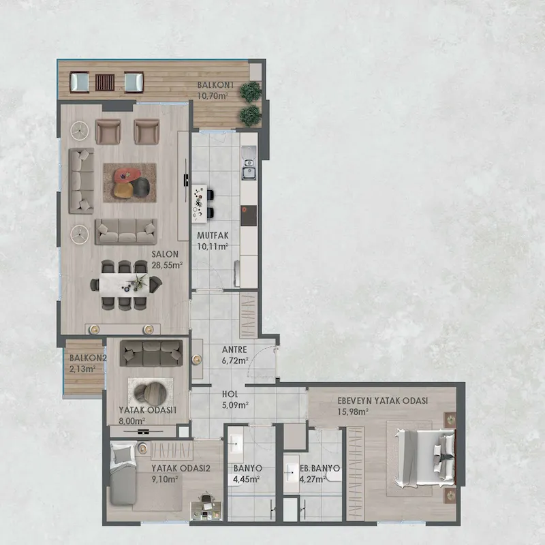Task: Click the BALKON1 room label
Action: tap(215, 84)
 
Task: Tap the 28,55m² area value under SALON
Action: tap(167, 265)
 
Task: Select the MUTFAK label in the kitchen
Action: tap(213, 236)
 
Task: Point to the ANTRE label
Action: tap(234, 349)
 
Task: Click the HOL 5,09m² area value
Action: tap(235, 405)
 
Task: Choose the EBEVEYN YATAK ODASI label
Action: tap(382, 401)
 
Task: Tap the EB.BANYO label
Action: tap(320, 468)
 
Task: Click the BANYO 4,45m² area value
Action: tap(247, 480)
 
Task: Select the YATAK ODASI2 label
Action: tap(181, 468)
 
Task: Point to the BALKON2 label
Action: tap(88, 358)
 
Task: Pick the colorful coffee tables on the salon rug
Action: tap(129, 183)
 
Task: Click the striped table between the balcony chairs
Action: tap(105, 82)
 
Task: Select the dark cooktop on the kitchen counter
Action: tap(249, 215)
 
